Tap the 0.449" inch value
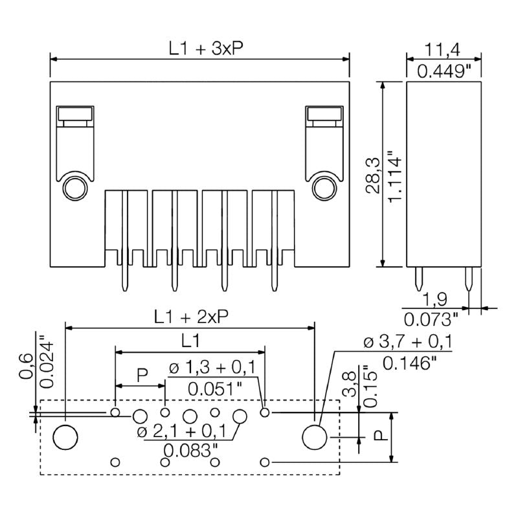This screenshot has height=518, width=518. coord(444,71)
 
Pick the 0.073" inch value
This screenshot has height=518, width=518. coord(431,318)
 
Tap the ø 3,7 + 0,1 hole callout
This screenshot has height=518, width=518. coord(408,342)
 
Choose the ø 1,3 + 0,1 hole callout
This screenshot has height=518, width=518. coord(213,368)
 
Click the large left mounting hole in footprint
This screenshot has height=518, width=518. coord(65,438)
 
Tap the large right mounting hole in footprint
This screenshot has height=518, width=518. coord(315,437)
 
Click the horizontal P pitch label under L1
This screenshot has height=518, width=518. coord(142,374)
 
